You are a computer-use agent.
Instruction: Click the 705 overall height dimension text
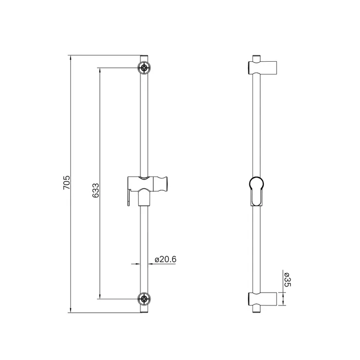point(66,184)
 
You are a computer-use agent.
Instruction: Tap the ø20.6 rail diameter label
point(166,260)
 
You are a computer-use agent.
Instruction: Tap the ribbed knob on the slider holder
point(165,183)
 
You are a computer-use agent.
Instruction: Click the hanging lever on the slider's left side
point(125,197)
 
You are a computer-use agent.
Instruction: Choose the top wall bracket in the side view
point(263,67)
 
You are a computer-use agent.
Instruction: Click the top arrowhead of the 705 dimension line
point(70,56)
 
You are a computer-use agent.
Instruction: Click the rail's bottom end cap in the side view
point(256,311)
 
